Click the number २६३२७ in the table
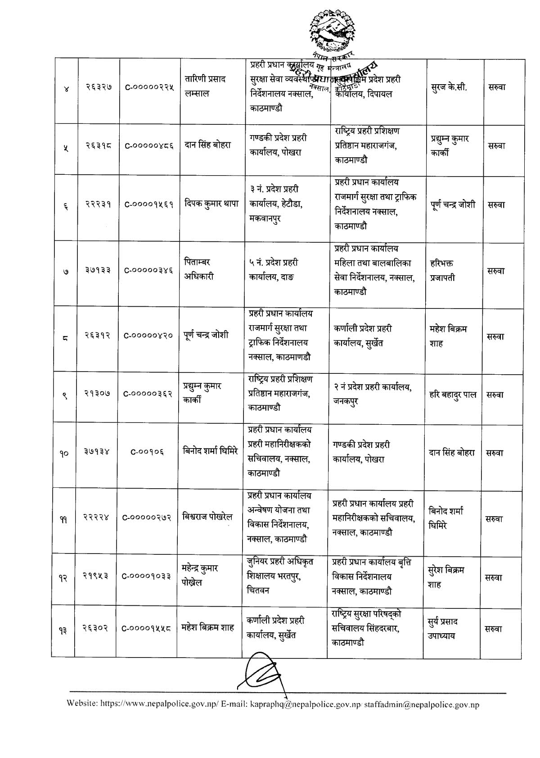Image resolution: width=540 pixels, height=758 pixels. point(99,87)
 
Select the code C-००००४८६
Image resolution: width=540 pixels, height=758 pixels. point(149,145)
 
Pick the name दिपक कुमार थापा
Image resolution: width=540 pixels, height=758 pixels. point(211,204)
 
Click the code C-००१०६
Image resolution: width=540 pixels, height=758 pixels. point(147,453)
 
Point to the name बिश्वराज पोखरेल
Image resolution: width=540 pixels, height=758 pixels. point(207,517)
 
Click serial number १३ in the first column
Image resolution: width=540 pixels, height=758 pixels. point(63,629)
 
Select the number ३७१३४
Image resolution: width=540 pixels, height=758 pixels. point(98,453)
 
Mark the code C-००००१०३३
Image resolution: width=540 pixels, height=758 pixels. point(147,577)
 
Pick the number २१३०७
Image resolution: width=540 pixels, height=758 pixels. point(98,395)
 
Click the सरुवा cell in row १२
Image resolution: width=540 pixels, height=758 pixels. point(494,577)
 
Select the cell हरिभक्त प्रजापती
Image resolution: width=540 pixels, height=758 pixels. point(443,270)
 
